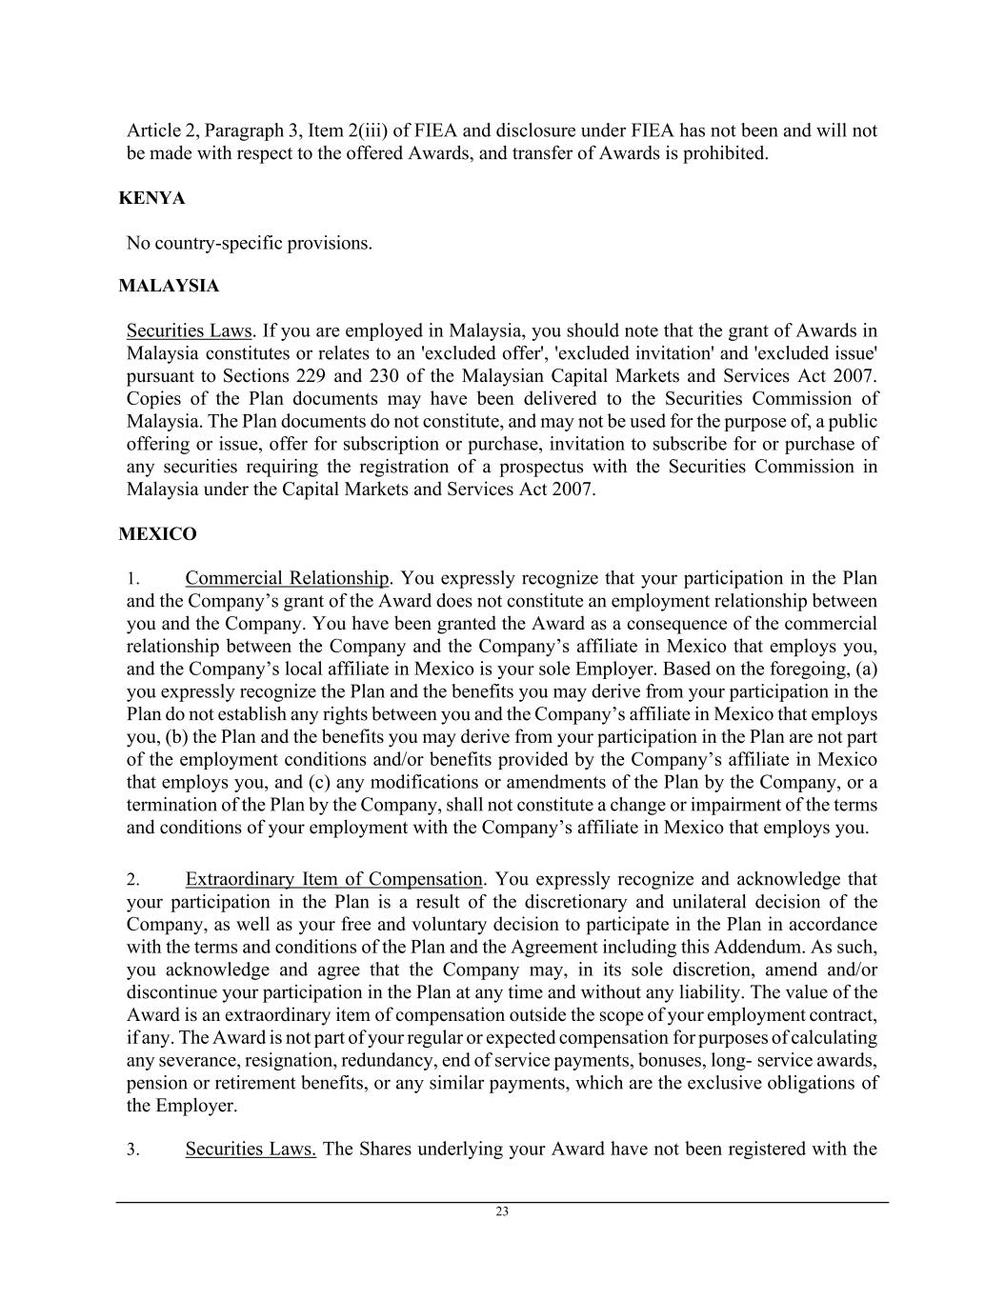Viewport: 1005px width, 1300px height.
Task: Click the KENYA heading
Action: pos(151,198)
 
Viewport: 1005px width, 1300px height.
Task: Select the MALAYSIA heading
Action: pos(169,286)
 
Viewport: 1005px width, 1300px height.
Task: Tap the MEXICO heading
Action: pos(157,534)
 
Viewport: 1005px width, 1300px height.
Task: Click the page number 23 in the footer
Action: pos(502,1212)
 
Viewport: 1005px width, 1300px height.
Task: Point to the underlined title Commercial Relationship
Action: pos(287,579)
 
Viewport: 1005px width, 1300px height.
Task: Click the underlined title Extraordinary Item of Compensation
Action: pos(333,879)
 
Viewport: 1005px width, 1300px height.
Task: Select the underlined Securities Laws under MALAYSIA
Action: pos(189,331)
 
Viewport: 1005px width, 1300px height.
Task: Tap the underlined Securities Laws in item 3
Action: pos(251,1149)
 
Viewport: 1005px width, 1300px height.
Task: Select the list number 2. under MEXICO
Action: pos(132,880)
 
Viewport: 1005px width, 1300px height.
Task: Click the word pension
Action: pos(155,1084)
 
